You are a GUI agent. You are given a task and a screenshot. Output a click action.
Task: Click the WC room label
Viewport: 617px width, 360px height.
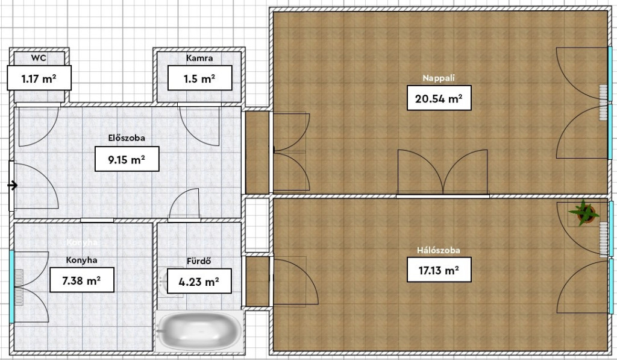point(39,58)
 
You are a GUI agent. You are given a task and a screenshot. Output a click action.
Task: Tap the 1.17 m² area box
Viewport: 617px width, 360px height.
point(39,78)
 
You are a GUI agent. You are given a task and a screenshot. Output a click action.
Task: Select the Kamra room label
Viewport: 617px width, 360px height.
point(199,58)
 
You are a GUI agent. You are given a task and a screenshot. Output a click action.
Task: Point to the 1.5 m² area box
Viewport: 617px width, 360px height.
point(199,78)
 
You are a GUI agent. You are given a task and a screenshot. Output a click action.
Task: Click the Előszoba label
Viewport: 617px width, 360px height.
point(127,138)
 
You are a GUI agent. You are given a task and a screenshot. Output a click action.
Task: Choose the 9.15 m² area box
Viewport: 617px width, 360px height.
point(127,159)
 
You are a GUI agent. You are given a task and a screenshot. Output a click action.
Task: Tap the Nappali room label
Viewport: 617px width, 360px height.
point(439,78)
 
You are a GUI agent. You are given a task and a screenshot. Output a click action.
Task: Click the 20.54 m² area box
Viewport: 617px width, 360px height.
point(439,98)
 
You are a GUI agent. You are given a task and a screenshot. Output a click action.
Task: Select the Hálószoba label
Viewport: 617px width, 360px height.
point(439,250)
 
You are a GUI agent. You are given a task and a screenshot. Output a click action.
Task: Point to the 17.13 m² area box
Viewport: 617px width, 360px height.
point(439,270)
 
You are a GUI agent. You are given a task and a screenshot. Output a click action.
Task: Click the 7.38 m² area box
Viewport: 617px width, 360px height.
point(82,280)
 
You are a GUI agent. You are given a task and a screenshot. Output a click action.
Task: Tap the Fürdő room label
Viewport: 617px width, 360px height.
point(199,261)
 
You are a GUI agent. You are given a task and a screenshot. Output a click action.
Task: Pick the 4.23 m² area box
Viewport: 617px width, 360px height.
point(199,281)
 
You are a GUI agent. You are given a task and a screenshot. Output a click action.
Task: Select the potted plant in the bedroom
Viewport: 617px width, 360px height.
point(584,213)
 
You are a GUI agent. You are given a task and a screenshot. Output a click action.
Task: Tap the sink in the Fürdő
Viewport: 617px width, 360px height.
point(165,282)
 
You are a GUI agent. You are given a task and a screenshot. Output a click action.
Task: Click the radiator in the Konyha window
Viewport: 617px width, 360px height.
point(19,286)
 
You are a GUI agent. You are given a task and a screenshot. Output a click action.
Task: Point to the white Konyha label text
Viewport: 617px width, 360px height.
point(82,242)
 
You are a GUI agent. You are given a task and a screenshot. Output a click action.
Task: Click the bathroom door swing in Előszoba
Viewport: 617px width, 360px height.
point(184,203)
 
